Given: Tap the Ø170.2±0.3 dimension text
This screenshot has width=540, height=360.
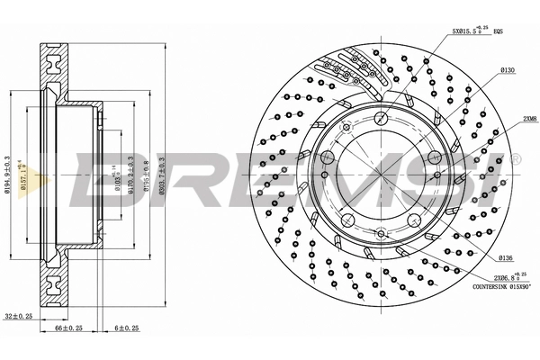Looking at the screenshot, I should click(131, 177).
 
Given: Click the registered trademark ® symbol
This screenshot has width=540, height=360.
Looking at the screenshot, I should click(515, 159).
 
